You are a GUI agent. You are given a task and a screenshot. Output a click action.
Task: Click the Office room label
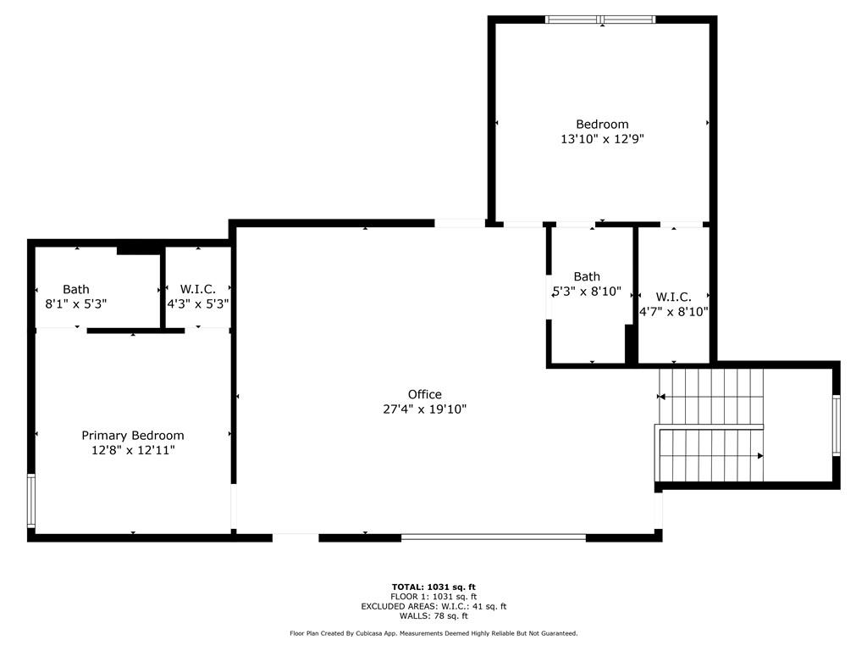click(x=424, y=394)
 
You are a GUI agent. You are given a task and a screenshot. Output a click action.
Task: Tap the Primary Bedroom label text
click(x=132, y=435)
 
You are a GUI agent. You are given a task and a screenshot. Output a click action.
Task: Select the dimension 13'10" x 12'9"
click(x=602, y=139)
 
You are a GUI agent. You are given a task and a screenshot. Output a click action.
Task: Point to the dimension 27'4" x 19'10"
click(x=424, y=409)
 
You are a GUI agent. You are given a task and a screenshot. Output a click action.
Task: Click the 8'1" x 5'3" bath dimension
click(x=75, y=303)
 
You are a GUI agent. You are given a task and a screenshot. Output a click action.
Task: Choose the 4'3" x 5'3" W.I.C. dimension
click(x=198, y=303)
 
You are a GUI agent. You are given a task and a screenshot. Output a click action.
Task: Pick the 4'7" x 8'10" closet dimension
click(x=673, y=311)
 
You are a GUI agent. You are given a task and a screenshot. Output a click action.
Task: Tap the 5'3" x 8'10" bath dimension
click(x=587, y=291)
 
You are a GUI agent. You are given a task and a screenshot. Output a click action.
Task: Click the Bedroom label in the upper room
click(x=602, y=124)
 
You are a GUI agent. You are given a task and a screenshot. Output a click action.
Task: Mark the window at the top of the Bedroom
click(x=601, y=19)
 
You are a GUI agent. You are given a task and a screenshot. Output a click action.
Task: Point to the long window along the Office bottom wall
click(x=493, y=537)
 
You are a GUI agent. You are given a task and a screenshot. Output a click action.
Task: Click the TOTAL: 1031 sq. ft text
click(x=433, y=587)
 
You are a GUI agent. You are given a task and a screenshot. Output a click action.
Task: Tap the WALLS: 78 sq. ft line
click(x=433, y=616)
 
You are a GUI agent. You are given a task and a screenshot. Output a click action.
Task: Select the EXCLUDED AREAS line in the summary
click(x=433, y=606)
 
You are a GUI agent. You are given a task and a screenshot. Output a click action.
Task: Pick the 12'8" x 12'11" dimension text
click(x=132, y=450)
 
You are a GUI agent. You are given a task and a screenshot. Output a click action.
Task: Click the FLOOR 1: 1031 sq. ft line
click(x=433, y=597)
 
